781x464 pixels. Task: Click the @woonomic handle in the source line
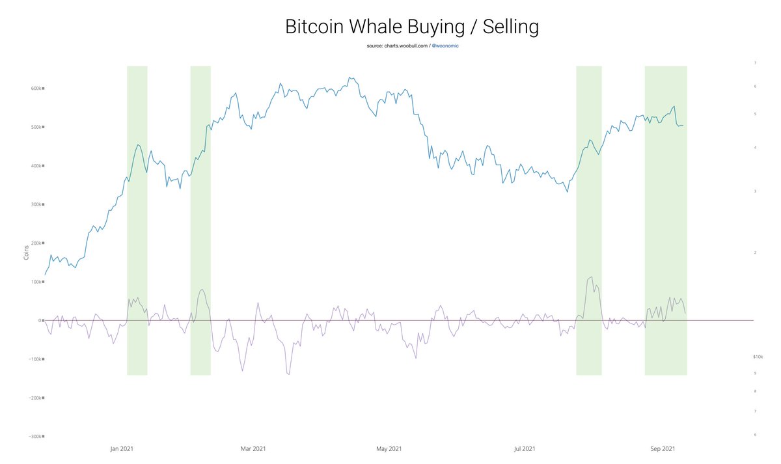pyautogui.click(x=445, y=47)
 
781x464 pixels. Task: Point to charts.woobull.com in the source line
pyautogui.click(x=404, y=47)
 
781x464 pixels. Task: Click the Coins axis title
pyautogui.click(x=26, y=252)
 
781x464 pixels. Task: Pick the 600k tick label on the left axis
pyautogui.click(x=34, y=89)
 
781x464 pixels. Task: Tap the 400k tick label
pyautogui.click(x=34, y=166)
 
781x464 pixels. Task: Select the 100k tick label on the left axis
pyautogui.click(x=34, y=282)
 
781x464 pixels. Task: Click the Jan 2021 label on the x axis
pyautogui.click(x=123, y=448)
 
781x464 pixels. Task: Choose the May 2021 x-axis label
pyautogui.click(x=389, y=448)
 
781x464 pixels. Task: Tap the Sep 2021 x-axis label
pyautogui.click(x=662, y=448)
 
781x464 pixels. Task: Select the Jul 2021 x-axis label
pyautogui.click(x=525, y=448)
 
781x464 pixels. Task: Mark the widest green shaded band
pyautogui.click(x=666, y=221)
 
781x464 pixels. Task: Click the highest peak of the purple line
pyautogui.click(x=591, y=277)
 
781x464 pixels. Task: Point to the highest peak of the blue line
pyautogui.click(x=350, y=77)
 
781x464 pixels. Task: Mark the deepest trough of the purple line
pyautogui.click(x=288, y=374)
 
